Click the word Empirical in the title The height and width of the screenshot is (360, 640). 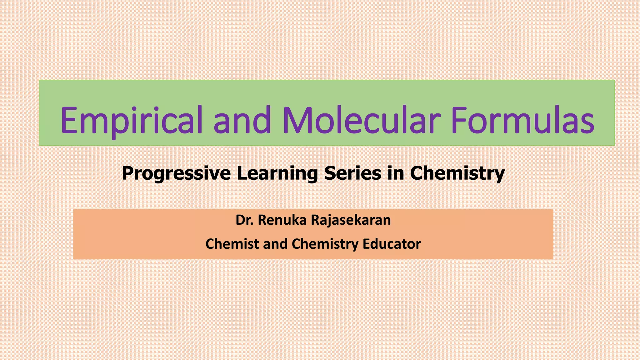(x=132, y=121)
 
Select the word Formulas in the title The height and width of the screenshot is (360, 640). (x=522, y=120)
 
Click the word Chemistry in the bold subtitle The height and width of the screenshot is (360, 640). (x=457, y=173)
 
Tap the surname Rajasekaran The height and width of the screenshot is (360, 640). (x=351, y=220)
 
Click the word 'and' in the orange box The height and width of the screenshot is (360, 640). (x=275, y=244)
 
